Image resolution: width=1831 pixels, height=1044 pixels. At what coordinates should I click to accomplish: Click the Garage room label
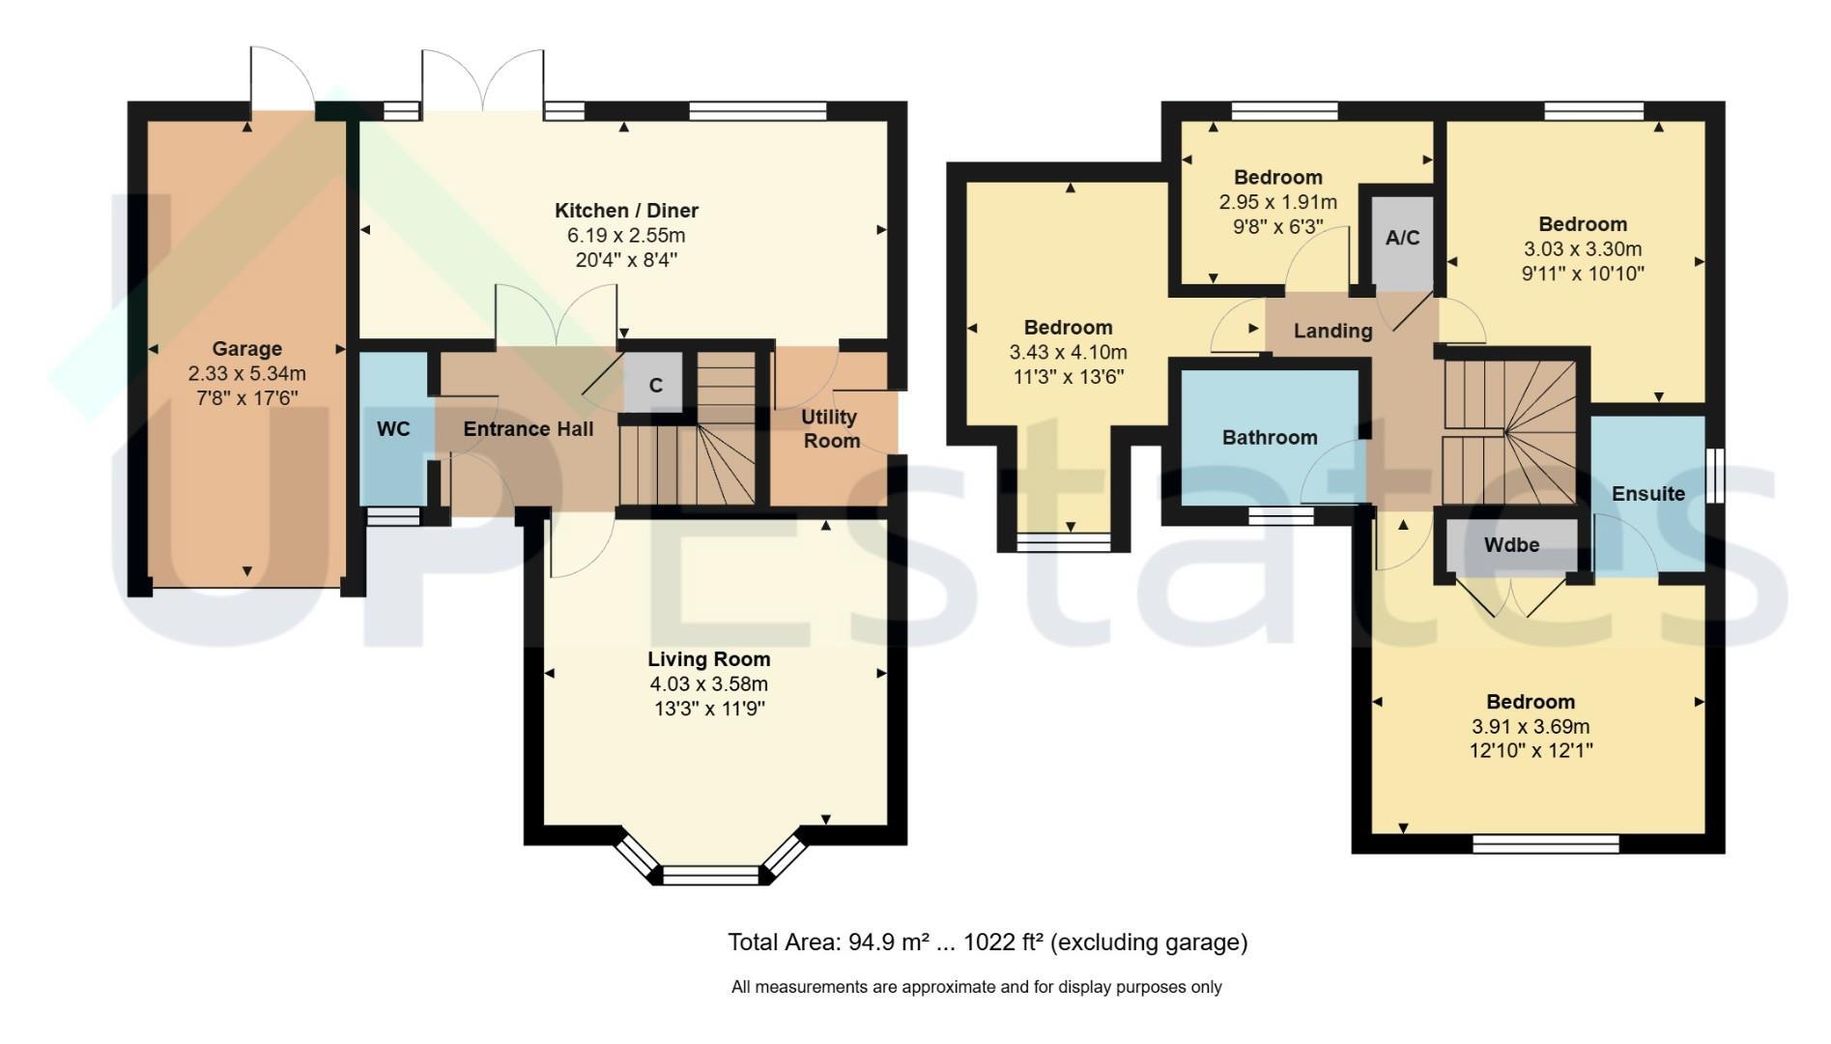247,349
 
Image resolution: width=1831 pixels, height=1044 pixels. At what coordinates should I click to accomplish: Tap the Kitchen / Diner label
626,211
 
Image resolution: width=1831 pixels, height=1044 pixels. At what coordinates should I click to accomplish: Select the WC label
393,429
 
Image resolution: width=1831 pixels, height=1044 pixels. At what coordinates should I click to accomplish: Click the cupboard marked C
655,384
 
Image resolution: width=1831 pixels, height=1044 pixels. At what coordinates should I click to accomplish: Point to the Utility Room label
830,429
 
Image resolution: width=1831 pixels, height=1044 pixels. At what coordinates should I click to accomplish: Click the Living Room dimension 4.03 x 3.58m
709,684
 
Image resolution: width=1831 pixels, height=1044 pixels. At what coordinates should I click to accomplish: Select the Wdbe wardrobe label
1511,545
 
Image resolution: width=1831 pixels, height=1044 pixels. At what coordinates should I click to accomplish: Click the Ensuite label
1648,494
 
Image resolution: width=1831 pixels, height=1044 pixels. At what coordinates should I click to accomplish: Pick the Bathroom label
1270,438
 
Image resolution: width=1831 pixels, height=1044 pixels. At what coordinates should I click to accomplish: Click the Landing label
1332,332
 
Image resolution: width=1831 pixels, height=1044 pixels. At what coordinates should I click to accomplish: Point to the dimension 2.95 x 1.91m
1278,203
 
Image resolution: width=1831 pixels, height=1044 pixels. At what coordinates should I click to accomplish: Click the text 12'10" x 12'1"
1531,751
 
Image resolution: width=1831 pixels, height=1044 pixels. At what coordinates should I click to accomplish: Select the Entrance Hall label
529,429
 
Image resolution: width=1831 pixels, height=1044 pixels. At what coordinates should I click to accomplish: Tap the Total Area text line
987,942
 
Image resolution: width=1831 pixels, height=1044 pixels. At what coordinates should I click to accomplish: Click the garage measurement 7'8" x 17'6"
247,398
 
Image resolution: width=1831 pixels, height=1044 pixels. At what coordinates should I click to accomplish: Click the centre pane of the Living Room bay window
711,876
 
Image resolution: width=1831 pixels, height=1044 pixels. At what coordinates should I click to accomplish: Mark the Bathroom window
1280,517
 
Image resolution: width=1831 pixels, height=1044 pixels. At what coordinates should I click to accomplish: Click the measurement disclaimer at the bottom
977,987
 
